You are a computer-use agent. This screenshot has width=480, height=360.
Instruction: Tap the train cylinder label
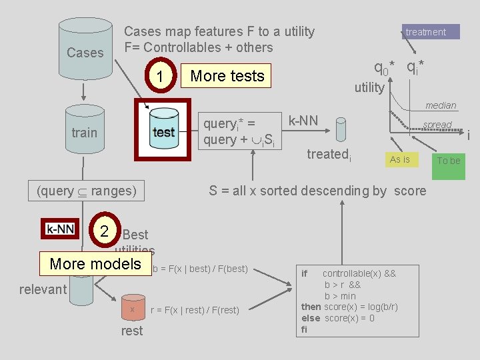pyautogui.click(x=84, y=133)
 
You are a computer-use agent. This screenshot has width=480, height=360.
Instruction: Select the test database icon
pyautogui.click(x=163, y=131)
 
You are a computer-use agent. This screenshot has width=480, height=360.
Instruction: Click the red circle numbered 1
pyautogui.click(x=159, y=76)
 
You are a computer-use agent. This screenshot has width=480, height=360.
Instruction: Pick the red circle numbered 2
pyautogui.click(x=103, y=231)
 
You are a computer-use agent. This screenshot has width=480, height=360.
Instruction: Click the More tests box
pyautogui.click(x=227, y=76)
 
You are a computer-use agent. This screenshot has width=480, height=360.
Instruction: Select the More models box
pyautogui.click(x=95, y=263)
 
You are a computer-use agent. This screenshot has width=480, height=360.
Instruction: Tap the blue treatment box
pyautogui.click(x=425, y=31)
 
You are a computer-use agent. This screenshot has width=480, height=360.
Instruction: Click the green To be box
pyautogui.click(x=449, y=161)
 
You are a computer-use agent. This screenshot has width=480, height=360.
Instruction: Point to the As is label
pyautogui.click(x=399, y=159)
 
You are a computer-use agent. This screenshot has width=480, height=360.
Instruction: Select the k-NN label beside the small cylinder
pyautogui.click(x=303, y=121)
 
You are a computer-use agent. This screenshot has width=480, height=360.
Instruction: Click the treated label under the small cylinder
pyautogui.click(x=329, y=155)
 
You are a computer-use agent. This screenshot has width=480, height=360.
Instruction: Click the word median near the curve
pyautogui.click(x=441, y=105)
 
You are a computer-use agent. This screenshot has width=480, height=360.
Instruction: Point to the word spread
pyautogui.click(x=437, y=125)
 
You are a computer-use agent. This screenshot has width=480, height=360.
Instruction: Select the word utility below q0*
pyautogui.click(x=369, y=87)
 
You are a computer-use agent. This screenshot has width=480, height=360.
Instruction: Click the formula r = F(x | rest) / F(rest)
pyautogui.click(x=195, y=309)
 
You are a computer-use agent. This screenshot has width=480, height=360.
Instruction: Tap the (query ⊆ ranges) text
pyautogui.click(x=86, y=191)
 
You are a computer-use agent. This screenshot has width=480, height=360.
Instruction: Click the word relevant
pyautogui.click(x=43, y=289)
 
